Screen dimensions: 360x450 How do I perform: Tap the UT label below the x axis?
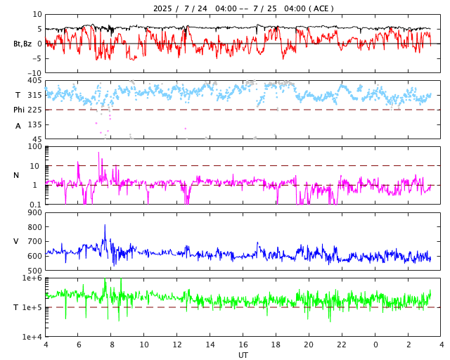pyautogui.click(x=243, y=355)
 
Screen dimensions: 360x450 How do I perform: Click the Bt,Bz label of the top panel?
pyautogui.click(x=22, y=44)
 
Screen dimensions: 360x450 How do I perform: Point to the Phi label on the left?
pyautogui.click(x=19, y=110)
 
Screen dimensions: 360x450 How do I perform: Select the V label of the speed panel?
pyautogui.click(x=16, y=241)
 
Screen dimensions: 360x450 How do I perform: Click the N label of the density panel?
pyautogui.click(x=16, y=175)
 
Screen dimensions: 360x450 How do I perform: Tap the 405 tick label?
pyautogui.click(x=34, y=81)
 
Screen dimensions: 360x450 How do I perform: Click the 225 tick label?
pyautogui.click(x=34, y=110)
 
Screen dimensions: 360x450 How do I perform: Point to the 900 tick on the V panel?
pyautogui.click(x=34, y=212)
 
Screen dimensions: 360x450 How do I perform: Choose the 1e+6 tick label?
pyautogui.click(x=32, y=278)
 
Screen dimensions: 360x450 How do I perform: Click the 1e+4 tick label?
pyautogui.click(x=32, y=337)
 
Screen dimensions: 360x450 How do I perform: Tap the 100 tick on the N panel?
pyautogui.click(x=34, y=146)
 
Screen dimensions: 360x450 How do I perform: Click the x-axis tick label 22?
pyautogui.click(x=342, y=345)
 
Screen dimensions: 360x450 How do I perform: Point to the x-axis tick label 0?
pyautogui.click(x=375, y=345)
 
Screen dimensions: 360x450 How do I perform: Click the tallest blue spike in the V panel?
pyautogui.click(x=105, y=226)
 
